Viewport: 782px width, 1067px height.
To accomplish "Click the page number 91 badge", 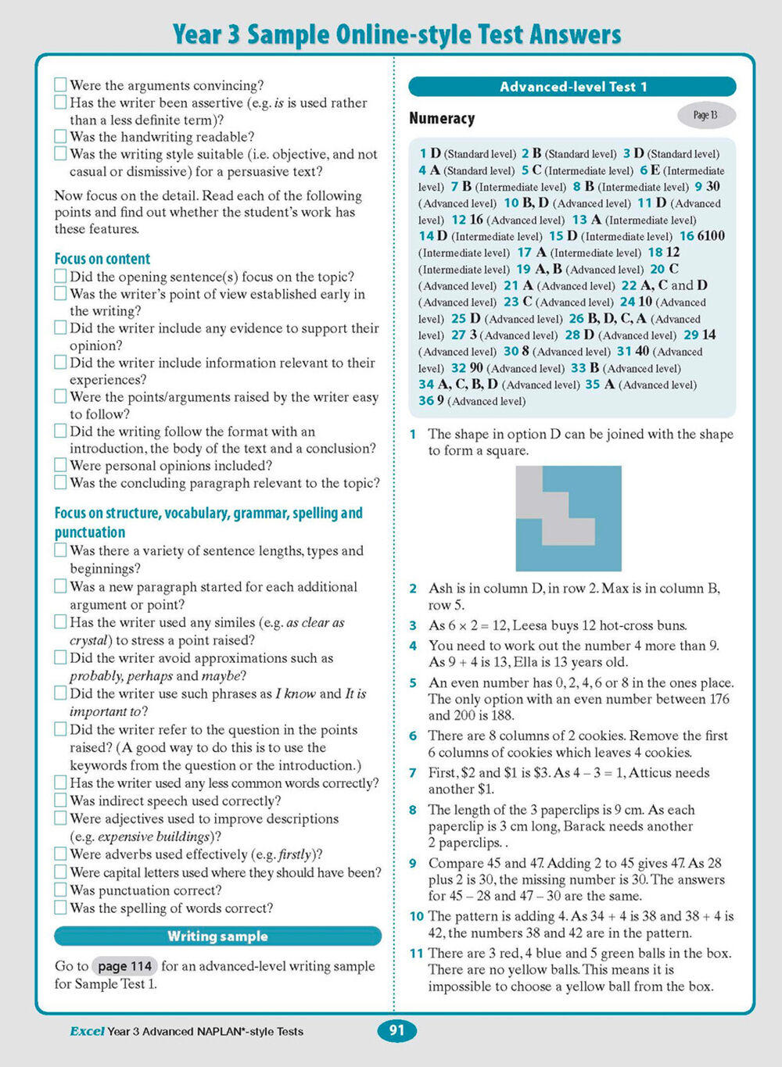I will pyautogui.click(x=396, y=1030).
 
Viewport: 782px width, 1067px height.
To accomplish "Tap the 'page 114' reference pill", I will pyautogui.click(x=125, y=966).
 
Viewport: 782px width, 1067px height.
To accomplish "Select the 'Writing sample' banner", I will pyautogui.click(x=217, y=936).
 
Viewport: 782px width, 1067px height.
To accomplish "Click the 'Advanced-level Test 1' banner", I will pyautogui.click(x=572, y=87).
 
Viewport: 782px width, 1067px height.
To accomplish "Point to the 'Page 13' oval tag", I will pyautogui.click(x=705, y=116).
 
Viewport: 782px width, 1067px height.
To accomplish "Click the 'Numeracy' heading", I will pyautogui.click(x=442, y=119).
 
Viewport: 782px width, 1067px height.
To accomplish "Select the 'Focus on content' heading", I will pyautogui.click(x=102, y=259).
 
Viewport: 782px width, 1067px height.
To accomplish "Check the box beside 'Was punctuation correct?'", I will pyautogui.click(x=60, y=890).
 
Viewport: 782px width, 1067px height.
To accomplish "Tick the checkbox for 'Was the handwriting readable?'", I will pyautogui.click(x=60, y=136).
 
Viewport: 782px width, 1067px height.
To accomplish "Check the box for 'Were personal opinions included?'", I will pyautogui.click(x=60, y=465).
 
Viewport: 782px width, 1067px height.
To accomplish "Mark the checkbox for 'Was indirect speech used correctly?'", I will pyautogui.click(x=60, y=800).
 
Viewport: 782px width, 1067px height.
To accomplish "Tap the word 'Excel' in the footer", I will pyautogui.click(x=87, y=1031).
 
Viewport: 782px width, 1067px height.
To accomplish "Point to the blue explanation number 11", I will pyautogui.click(x=416, y=954).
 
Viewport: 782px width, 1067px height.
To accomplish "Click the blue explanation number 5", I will pyautogui.click(x=413, y=683).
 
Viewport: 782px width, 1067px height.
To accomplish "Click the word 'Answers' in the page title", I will pyautogui.click(x=575, y=34).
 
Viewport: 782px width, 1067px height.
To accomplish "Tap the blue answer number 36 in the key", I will pyautogui.click(x=425, y=401).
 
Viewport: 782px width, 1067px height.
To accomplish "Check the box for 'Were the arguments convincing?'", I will pyautogui.click(x=60, y=84).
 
